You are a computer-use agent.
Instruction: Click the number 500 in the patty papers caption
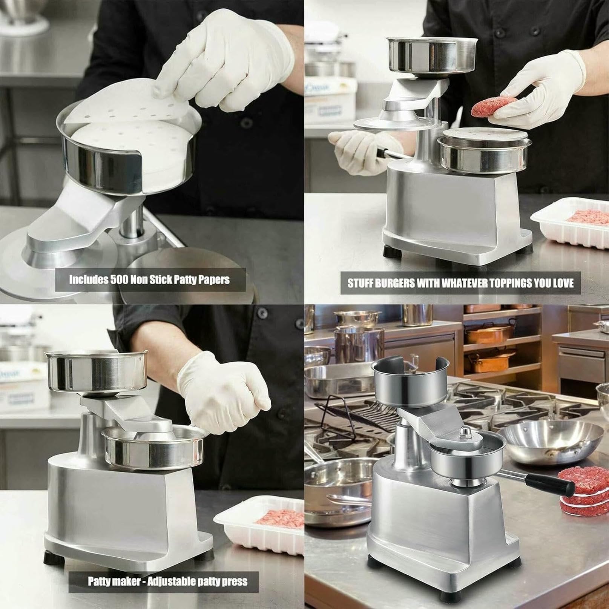(x=121, y=279)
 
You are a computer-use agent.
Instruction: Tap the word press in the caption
(x=236, y=582)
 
